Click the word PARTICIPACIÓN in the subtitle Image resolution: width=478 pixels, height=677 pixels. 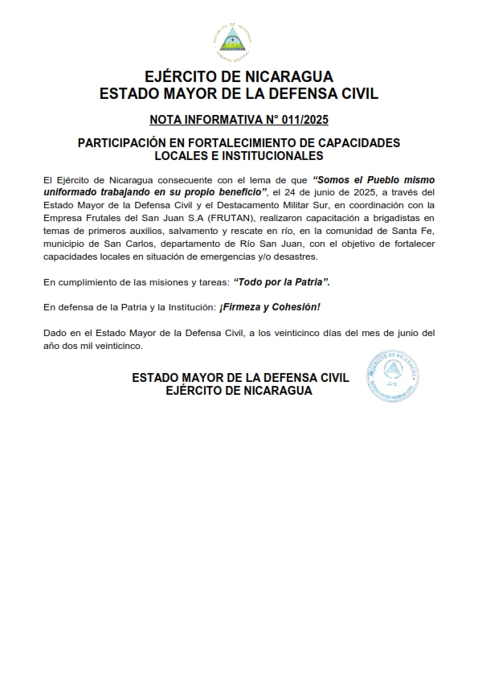125,142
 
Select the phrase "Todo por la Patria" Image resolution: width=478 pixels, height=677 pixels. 281,282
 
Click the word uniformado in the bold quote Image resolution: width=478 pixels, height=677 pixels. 71,191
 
